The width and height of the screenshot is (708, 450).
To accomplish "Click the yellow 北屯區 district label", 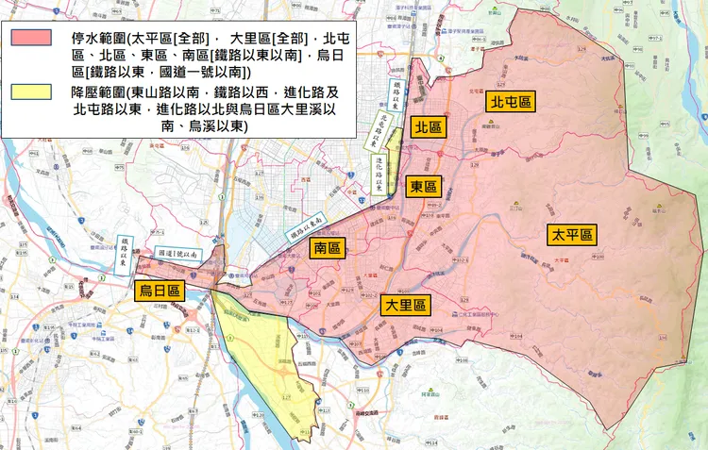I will tap(510, 102).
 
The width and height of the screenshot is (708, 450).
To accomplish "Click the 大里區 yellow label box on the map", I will tap(405, 306).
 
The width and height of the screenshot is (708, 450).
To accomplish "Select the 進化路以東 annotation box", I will tap(379, 175).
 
